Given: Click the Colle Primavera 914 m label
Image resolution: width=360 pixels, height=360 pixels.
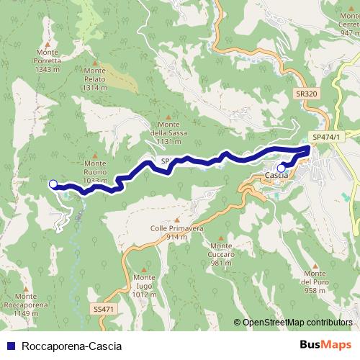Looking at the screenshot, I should coord(177,232).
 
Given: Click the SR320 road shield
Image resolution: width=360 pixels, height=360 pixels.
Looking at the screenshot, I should coord(306,94).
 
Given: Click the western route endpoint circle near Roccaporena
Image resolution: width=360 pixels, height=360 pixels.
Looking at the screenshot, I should coord(53,184).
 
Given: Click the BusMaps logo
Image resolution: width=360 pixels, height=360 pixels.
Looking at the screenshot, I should coord(325,345).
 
